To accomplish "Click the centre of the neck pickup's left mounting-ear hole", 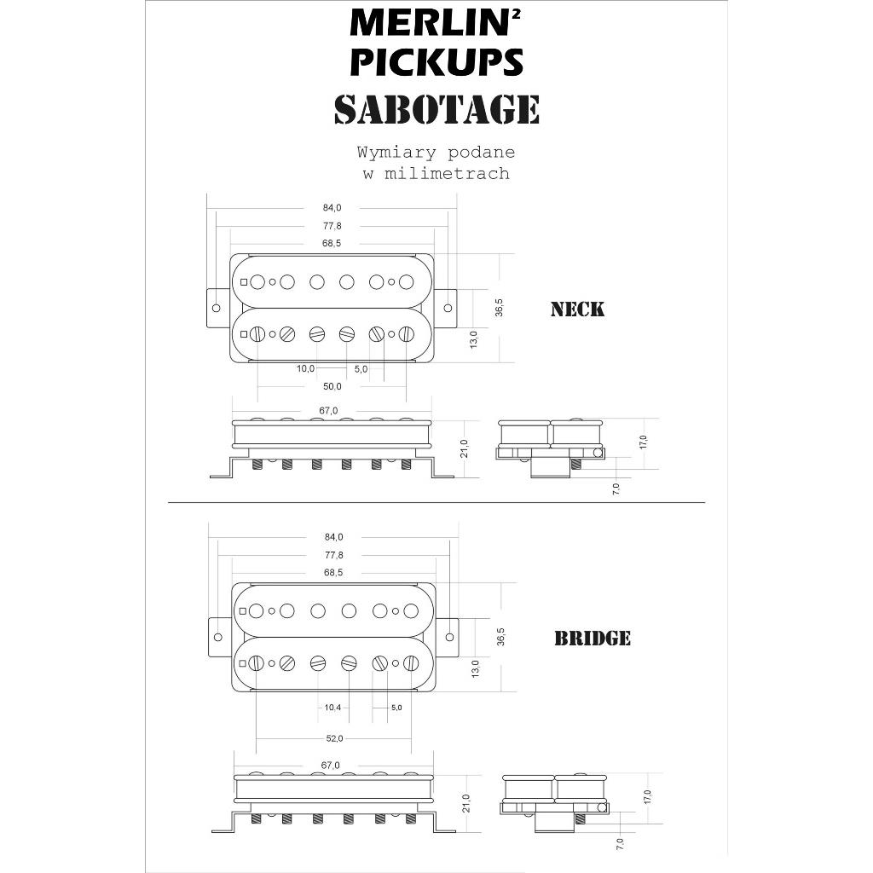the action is [x=217, y=308].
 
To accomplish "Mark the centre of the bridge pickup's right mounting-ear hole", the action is [x=450, y=637].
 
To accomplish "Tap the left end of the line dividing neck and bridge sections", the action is [x=169, y=502].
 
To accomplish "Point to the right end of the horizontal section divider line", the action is [x=705, y=502].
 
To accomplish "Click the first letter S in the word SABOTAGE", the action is [x=346, y=109].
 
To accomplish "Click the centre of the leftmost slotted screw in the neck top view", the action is [x=257, y=334].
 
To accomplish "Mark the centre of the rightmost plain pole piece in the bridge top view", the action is [x=411, y=610].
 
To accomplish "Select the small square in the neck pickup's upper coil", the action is [x=244, y=281].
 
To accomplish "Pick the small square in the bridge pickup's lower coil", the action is [x=243, y=663].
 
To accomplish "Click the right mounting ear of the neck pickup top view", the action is [x=446, y=308].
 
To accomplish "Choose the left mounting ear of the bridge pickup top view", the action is [x=220, y=637].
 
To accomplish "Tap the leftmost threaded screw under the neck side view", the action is [x=257, y=463].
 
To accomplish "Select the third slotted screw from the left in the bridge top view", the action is [x=318, y=663].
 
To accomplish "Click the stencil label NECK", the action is [x=577, y=309].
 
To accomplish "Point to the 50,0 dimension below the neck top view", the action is [x=332, y=386].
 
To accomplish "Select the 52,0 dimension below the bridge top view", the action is [x=334, y=738].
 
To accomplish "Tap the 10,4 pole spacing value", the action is [x=332, y=707].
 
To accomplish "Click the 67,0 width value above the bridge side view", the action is [x=330, y=766].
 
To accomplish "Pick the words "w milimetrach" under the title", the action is [x=436, y=173].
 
